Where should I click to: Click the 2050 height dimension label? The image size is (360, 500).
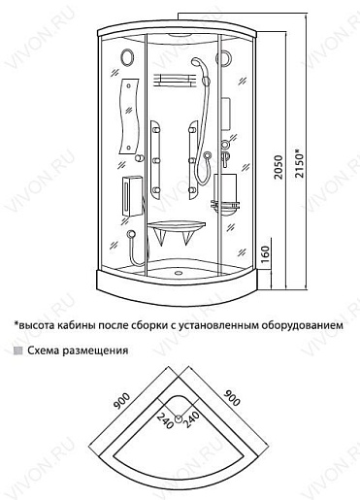[278, 167]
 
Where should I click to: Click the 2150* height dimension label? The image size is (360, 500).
[300, 162]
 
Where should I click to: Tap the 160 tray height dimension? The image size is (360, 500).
[265, 253]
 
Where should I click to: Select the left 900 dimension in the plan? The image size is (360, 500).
[121, 401]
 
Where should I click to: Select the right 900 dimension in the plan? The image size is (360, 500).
[232, 398]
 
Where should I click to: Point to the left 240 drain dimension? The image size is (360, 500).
[165, 421]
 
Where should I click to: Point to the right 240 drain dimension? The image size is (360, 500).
[191, 419]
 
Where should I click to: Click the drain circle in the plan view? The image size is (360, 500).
[179, 419]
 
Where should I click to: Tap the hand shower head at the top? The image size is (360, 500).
[197, 62]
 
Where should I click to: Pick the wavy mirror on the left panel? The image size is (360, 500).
[129, 116]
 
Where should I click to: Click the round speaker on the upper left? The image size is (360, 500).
[127, 57]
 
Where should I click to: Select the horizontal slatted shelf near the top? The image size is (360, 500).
[175, 81]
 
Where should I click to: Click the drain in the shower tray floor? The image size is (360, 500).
[179, 272]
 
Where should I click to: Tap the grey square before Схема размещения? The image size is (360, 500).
[18, 351]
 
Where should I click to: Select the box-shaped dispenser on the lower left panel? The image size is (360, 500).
[132, 196]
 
